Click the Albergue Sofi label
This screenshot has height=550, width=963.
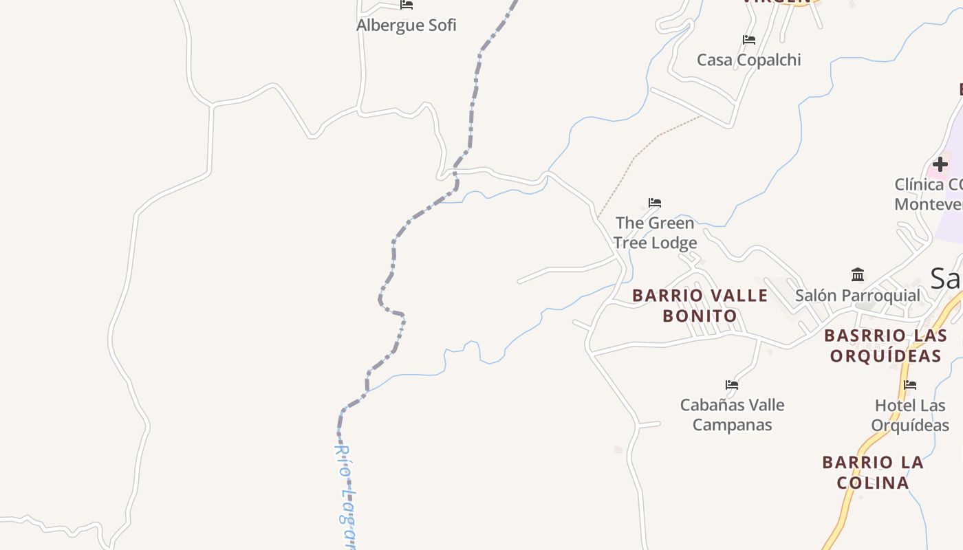click(x=406, y=25)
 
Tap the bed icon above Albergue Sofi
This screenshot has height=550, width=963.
click(x=407, y=5)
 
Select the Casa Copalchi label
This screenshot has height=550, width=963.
click(x=748, y=60)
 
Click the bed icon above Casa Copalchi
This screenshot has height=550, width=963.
click(x=749, y=40)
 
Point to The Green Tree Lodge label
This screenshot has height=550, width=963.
click(x=655, y=232)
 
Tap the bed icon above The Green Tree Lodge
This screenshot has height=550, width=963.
click(x=655, y=203)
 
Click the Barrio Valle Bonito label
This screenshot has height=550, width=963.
click(x=700, y=305)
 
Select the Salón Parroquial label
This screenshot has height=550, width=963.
click(x=857, y=296)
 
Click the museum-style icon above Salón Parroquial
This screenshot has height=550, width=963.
click(x=858, y=275)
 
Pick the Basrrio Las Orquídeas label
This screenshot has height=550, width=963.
click(x=885, y=345)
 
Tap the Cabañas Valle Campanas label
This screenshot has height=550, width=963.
click(x=732, y=415)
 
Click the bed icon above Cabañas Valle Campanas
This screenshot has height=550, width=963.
click(x=732, y=385)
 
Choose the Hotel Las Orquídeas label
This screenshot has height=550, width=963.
click(x=910, y=415)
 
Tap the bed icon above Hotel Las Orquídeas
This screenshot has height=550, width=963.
click(x=911, y=385)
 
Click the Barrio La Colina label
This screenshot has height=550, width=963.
click(x=873, y=472)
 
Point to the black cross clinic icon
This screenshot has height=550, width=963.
click(x=940, y=164)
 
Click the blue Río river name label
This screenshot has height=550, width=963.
click(x=345, y=495)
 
